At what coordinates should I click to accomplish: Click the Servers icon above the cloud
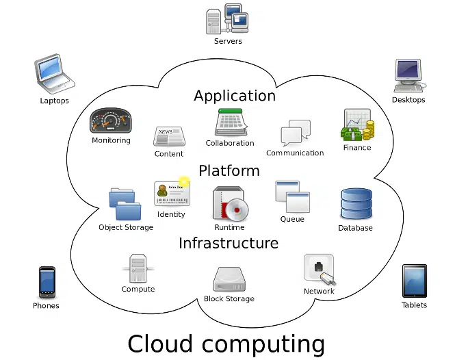coord(227,19)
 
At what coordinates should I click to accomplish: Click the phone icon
coord(47,282)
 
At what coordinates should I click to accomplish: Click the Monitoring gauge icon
coord(110,121)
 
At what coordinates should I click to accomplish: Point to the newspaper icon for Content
coord(168,136)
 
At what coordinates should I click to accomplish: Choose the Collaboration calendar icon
coord(230,123)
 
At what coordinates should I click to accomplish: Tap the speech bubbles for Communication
coord(295,133)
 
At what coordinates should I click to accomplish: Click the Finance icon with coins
coord(357,125)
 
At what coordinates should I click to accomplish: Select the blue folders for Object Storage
coord(125,204)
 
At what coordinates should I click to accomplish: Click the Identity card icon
coord(172,194)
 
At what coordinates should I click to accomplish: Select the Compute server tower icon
coord(138,268)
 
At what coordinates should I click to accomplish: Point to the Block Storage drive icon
coord(229,279)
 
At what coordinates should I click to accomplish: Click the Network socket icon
coord(319,270)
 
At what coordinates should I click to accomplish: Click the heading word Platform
coord(229,170)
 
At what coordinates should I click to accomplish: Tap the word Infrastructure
coord(229,243)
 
